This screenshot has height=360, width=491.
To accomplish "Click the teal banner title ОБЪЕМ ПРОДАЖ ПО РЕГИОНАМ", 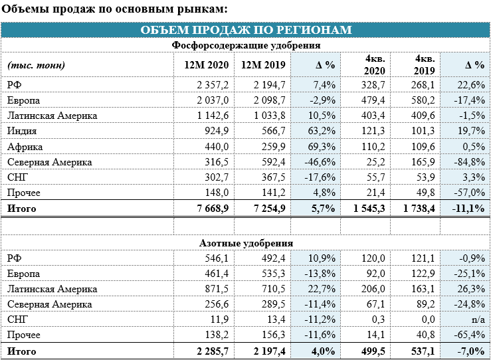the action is (246, 30).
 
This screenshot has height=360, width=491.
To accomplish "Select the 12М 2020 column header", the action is (207, 65).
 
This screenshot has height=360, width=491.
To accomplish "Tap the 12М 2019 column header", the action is (263, 65).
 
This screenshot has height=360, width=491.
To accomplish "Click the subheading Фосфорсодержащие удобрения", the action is (246, 45).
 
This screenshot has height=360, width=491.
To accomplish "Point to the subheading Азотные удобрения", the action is (246, 243).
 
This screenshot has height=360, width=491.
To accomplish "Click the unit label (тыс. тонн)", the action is (36, 65).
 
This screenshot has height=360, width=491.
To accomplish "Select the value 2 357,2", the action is (213, 85).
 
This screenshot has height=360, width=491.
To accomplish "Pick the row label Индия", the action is (22, 131).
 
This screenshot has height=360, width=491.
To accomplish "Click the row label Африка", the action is (25, 147).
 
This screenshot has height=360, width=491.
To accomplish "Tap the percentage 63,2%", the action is (322, 131).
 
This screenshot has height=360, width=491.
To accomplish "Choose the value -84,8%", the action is (469, 162).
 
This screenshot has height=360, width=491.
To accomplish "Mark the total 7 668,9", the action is (213, 208).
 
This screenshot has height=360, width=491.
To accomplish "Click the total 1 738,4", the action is (419, 208).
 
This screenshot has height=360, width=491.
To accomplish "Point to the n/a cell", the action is (478, 319).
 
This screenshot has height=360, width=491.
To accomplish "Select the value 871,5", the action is (217, 289).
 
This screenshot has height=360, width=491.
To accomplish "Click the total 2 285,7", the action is (213, 351).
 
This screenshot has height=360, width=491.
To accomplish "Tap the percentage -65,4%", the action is (469, 335).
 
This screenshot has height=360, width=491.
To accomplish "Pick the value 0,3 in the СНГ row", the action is (379, 319).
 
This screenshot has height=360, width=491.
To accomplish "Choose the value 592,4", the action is (273, 162).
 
